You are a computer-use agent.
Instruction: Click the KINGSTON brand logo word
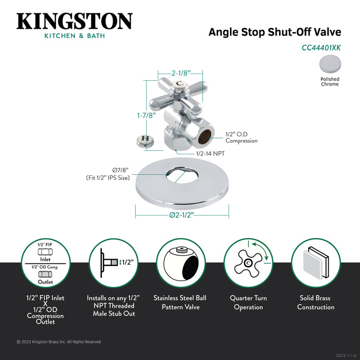[x=74, y=21]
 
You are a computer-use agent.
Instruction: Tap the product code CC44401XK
[x=321, y=47]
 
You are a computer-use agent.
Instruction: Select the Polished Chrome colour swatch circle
[x=330, y=65]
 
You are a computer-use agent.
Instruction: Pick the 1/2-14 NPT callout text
[x=210, y=153]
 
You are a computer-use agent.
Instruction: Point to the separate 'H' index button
[x=146, y=139]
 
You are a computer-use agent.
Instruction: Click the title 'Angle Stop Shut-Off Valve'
[x=274, y=32]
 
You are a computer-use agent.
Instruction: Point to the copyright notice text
[x=59, y=341]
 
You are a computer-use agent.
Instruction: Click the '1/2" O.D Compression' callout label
[x=241, y=138]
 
